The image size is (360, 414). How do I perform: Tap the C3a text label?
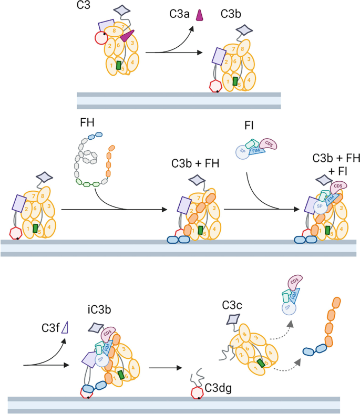tap(180, 14)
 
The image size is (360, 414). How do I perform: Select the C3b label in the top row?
tap(231, 14)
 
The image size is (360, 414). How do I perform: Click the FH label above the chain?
tap(86, 122)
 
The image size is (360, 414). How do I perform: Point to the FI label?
tap(249, 127)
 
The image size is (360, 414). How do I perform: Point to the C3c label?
tap(232, 304)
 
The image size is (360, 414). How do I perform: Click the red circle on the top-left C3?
tap(101, 38)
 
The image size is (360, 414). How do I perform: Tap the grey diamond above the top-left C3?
tap(122, 10)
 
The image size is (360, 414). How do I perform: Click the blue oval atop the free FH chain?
tap(95, 136)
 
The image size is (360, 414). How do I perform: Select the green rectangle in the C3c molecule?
tap(261, 364)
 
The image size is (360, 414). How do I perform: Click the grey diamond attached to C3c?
tap(231, 320)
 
